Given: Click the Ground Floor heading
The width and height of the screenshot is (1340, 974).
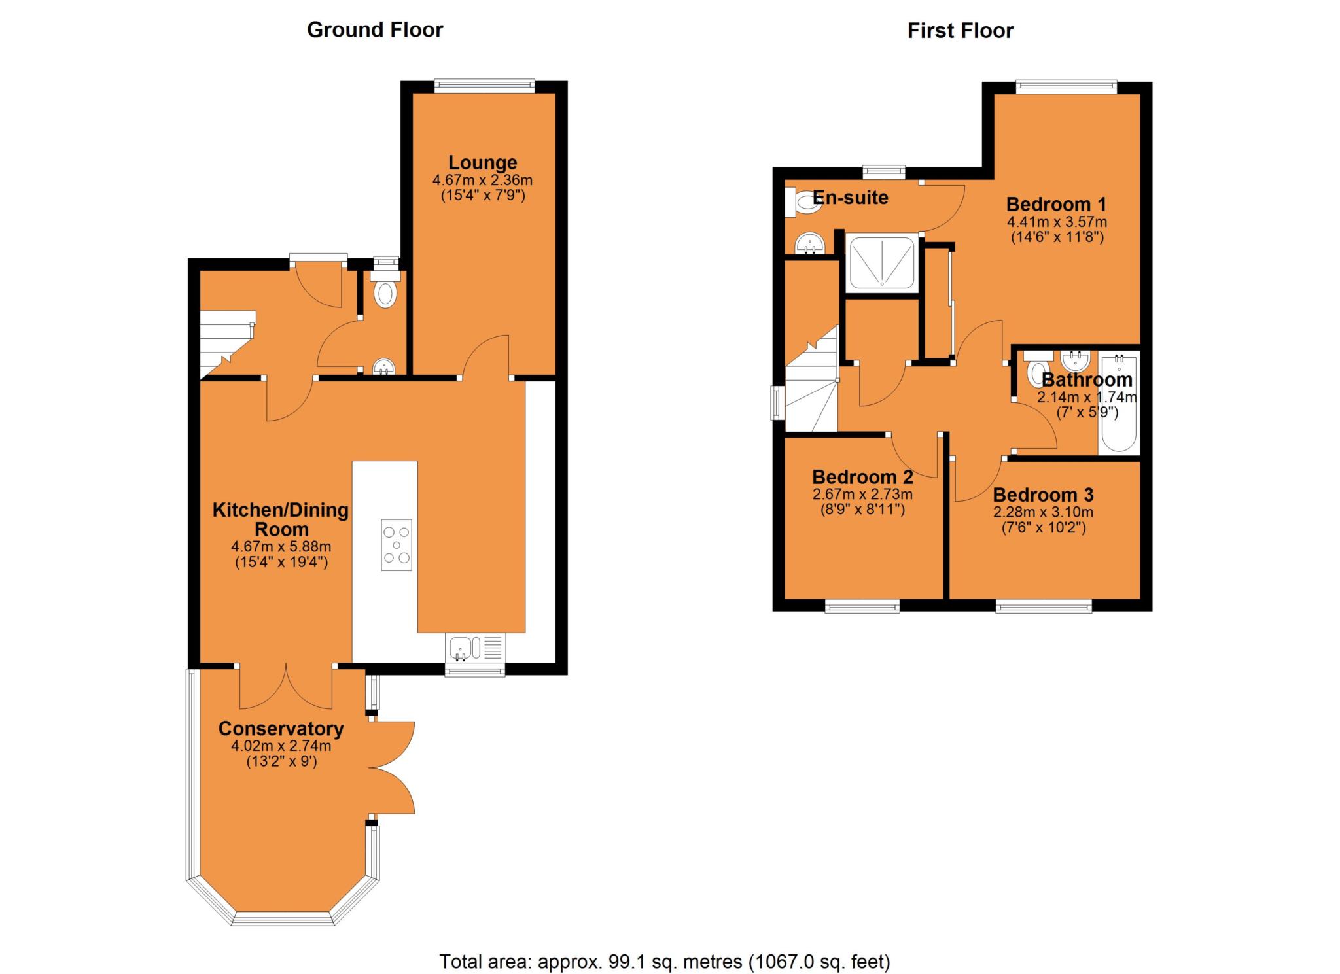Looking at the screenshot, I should coord(375,30).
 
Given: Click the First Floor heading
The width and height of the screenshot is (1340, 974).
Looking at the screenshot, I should coord(960,31).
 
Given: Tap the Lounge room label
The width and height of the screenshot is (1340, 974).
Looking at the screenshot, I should coord(482,162).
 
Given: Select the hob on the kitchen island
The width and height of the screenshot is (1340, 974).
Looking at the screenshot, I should coord(397,544).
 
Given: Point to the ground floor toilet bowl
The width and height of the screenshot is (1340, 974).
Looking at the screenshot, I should coord(385,293).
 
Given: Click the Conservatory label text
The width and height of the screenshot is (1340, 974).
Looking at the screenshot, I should coord(281,728).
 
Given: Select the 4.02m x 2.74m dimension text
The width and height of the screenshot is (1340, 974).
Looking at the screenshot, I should coord(281,746).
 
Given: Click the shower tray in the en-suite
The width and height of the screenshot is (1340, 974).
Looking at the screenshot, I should coord(881,263).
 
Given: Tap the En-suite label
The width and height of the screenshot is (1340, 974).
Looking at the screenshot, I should coord(850,198).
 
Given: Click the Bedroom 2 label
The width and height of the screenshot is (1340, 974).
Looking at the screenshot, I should coord(862,476).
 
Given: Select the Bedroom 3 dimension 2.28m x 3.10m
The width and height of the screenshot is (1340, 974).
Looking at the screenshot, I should coord(1043,512).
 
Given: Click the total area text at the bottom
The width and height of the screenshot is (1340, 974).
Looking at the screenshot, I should coord(664,961).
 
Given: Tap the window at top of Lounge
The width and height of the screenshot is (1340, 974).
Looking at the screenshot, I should coord(484,84).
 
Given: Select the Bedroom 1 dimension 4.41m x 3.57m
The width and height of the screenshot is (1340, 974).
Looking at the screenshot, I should coord(1056,222).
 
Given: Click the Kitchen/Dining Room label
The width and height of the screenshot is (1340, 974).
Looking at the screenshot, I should coord(281,519).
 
